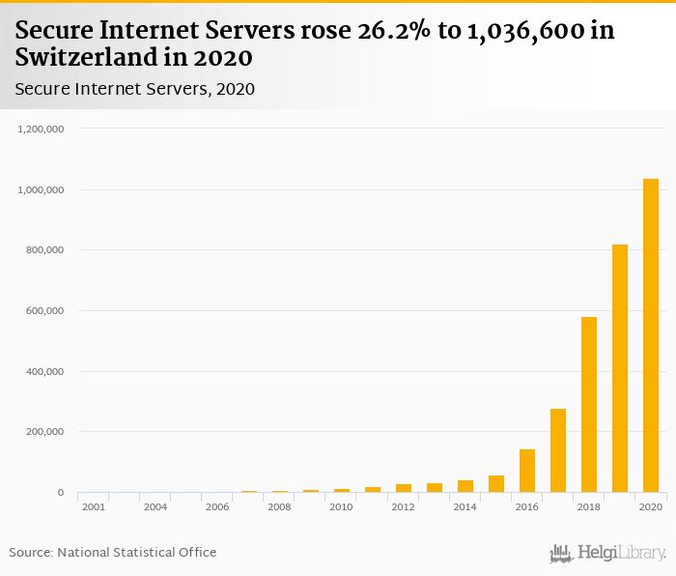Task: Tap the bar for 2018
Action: tap(589, 405)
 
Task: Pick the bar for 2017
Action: tap(558, 450)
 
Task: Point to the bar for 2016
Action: tap(527, 471)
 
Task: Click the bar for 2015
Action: tap(496, 484)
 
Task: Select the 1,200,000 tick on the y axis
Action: tap(41, 129)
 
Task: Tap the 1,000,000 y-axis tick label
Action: tap(41, 189)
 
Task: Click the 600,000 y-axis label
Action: tap(44, 310)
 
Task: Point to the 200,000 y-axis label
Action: tap(44, 432)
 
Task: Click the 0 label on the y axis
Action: tap(60, 493)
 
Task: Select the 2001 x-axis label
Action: tap(94, 506)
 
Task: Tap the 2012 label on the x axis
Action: tap(403, 506)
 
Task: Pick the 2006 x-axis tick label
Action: tap(217, 506)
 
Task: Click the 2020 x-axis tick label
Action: tap(650, 506)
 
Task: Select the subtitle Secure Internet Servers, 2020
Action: tap(134, 90)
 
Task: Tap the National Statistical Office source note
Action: tap(113, 552)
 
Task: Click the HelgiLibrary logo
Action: tap(608, 553)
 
